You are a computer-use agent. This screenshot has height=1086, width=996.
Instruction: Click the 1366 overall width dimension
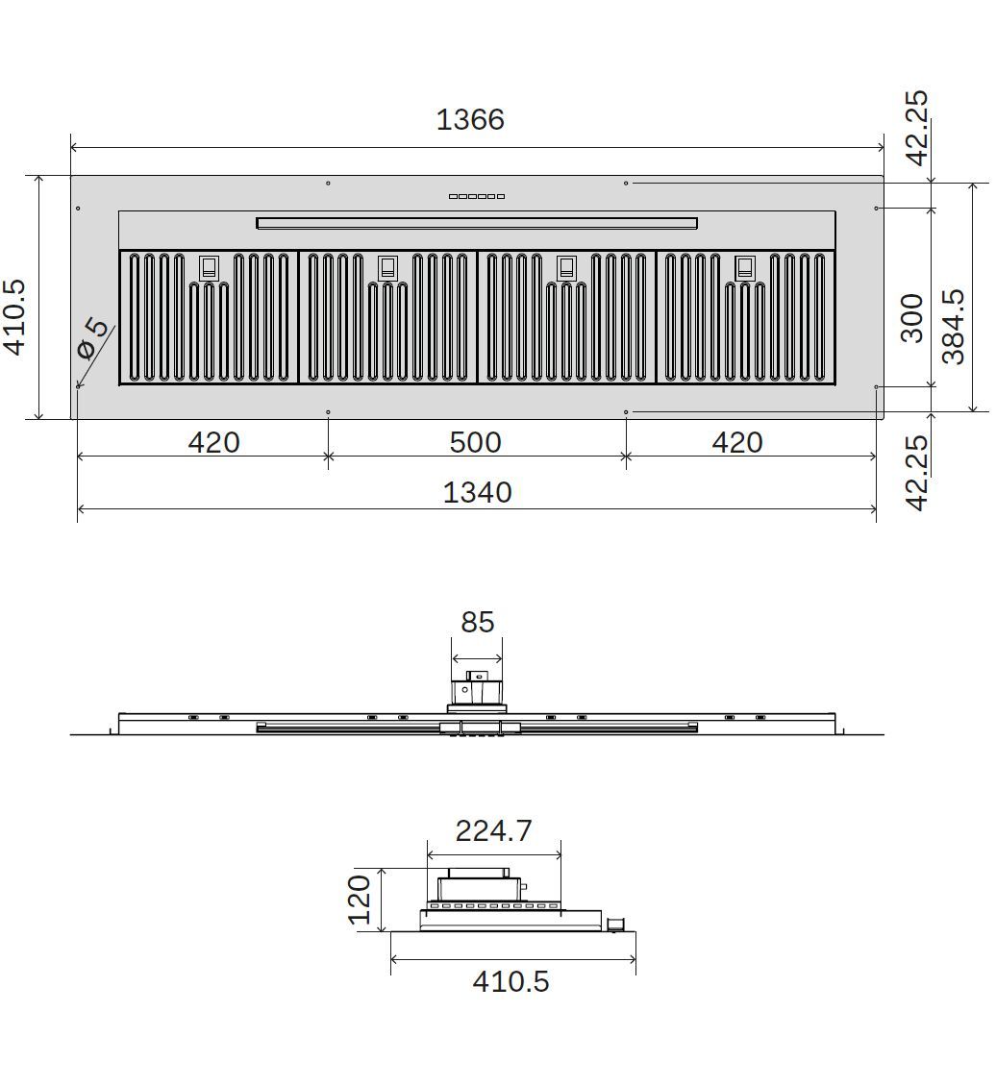tap(470, 120)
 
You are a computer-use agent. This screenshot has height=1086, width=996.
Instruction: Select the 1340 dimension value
tap(477, 492)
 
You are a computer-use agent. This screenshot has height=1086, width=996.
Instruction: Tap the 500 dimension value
tap(476, 442)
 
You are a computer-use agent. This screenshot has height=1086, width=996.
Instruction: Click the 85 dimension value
tap(477, 622)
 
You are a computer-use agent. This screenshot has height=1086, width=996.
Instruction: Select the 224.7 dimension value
tap(493, 830)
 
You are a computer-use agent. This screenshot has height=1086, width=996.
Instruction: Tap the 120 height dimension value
tap(360, 899)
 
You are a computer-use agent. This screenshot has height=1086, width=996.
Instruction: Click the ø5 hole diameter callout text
tap(93, 337)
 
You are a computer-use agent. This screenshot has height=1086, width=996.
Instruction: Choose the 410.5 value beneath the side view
tap(510, 981)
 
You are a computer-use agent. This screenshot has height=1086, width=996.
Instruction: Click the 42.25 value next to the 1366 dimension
tap(916, 128)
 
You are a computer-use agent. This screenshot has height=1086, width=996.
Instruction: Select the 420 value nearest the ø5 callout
tap(213, 442)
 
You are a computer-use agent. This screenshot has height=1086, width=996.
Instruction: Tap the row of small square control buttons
tap(476, 197)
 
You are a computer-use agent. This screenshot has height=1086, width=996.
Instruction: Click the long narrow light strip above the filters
tap(477, 224)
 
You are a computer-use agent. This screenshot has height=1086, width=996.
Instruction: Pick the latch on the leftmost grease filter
tap(209, 267)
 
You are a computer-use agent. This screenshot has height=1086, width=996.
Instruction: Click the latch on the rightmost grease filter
tap(745, 267)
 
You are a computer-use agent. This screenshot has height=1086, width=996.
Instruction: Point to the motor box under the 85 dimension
tap(476, 689)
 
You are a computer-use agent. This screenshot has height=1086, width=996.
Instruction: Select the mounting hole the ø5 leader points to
tap(77, 387)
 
